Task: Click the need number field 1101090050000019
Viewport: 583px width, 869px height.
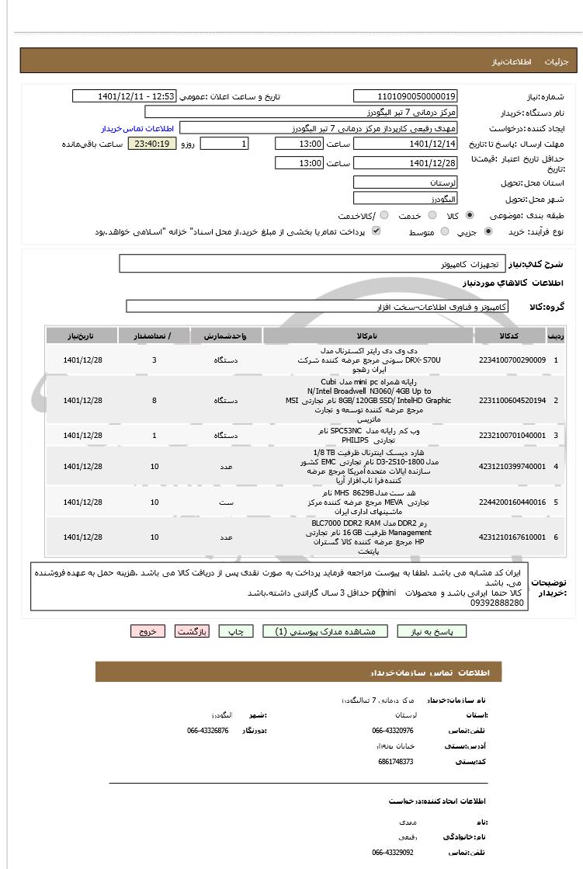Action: pyautogui.click(x=405, y=96)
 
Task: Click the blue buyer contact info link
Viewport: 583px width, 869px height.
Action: pyautogui.click(x=136, y=128)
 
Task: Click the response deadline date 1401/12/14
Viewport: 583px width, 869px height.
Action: pyautogui.click(x=405, y=144)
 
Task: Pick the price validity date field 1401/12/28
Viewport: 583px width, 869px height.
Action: pyautogui.click(x=405, y=163)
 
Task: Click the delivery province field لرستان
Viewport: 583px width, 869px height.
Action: pyautogui.click(x=405, y=182)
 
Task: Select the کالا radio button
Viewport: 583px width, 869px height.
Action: pyautogui.click(x=470, y=215)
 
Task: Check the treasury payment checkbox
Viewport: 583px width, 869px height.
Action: pyautogui.click(x=377, y=231)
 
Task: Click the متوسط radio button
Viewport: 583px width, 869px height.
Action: pyautogui.click(x=445, y=231)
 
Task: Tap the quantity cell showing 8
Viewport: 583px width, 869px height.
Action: pyautogui.click(x=154, y=400)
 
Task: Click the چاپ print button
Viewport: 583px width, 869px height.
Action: pyautogui.click(x=236, y=631)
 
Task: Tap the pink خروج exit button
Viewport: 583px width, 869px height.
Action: pyautogui.click(x=147, y=631)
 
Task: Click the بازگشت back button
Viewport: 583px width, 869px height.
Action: pyautogui.click(x=192, y=631)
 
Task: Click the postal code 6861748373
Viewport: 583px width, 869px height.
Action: pyautogui.click(x=396, y=762)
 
